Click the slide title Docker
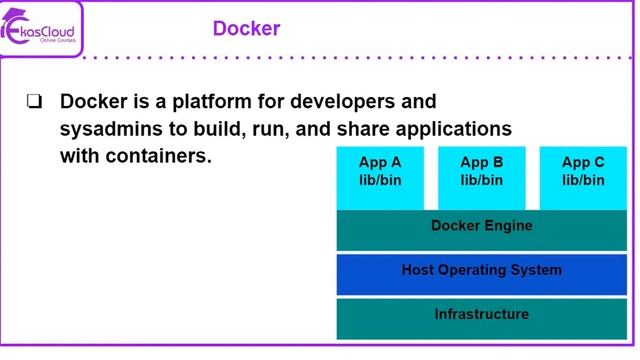(x=246, y=28)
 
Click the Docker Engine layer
(x=481, y=226)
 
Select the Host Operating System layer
(x=481, y=270)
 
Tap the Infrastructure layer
(x=481, y=315)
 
